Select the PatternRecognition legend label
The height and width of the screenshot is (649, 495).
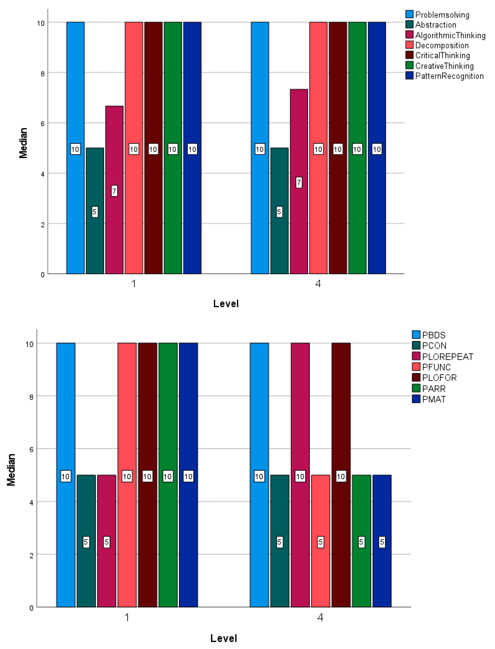(449, 76)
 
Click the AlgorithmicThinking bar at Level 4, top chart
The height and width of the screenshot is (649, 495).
(299, 206)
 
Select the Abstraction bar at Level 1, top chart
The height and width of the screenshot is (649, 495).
(95, 236)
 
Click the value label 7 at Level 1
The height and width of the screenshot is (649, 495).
(114, 191)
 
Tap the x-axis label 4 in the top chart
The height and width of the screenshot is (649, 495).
(318, 284)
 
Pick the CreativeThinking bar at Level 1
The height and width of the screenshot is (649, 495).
(173, 206)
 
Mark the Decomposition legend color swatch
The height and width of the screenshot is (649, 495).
(409, 45)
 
